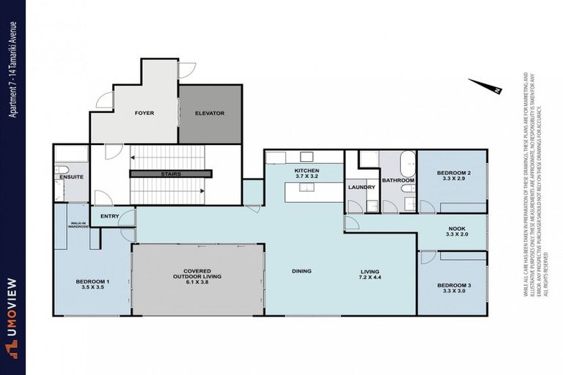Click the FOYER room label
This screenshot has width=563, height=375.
pos(144,114)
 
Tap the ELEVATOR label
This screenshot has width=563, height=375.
pos(210,114)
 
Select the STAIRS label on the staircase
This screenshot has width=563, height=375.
pos(171,174)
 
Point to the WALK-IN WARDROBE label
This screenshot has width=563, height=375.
pos(78,226)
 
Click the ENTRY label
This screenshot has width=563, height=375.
pos(110,216)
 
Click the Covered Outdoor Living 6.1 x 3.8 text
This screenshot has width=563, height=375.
pos(197,275)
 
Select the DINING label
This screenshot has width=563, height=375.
pos(301,271)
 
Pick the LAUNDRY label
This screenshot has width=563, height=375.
pos(361,187)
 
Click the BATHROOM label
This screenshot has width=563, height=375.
pos(398,180)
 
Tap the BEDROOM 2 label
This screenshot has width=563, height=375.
pos(453,175)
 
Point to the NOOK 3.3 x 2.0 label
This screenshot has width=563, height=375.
pos(456,231)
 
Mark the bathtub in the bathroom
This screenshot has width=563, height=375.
pos(408,163)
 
